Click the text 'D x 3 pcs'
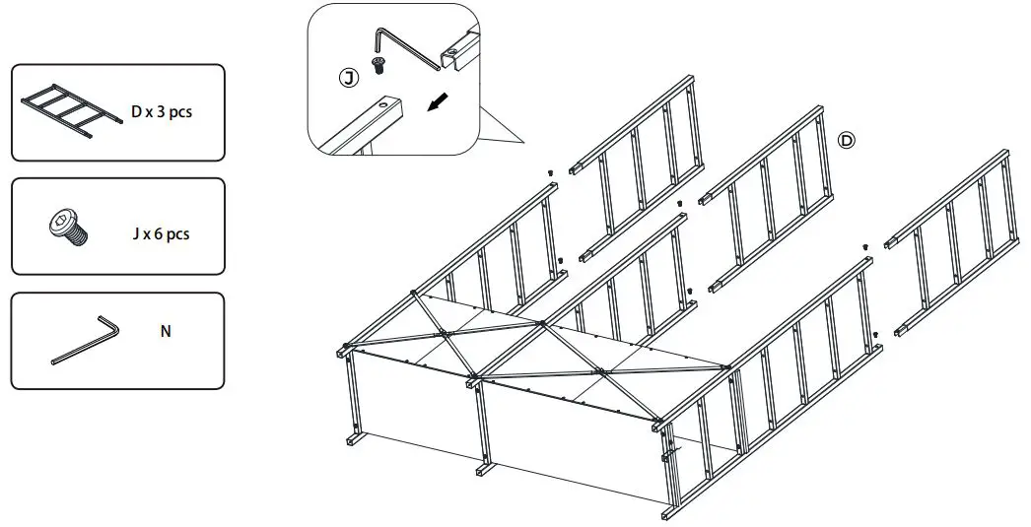coord(161,111)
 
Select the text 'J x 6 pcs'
coord(161,233)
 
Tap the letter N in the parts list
coord(166,331)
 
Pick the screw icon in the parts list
coord(68,228)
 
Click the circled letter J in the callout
coord(349,78)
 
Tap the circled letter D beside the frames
coord(847,140)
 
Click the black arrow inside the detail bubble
coord(439,101)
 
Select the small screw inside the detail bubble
coord(378,64)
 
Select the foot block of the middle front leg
coord(485,469)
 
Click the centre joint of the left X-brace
coord(446,334)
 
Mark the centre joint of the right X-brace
coord(600,372)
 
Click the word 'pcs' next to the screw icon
coord(178,235)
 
